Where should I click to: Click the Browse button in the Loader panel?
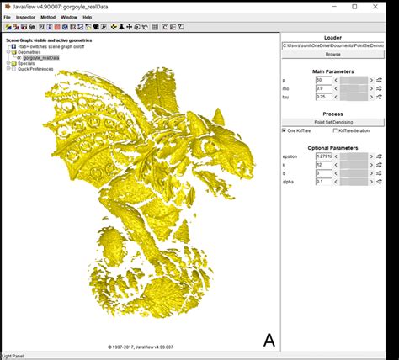[332, 54]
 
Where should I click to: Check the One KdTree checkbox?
[285, 130]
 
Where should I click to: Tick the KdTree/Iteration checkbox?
[335, 130]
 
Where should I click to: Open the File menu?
[8, 17]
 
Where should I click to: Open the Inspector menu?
[24, 17]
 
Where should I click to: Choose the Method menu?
[49, 17]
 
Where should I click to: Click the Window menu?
[69, 17]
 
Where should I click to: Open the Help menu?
[88, 17]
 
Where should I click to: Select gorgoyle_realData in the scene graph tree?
[44, 57]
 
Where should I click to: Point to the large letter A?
[269, 340]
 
